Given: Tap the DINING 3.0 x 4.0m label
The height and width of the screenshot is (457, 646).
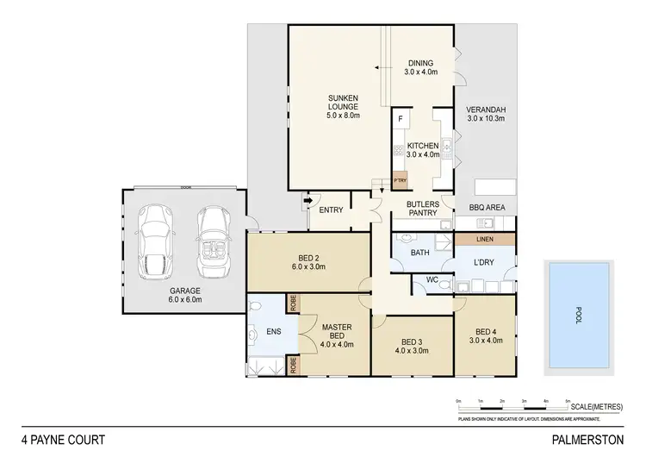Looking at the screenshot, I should tap(421, 67).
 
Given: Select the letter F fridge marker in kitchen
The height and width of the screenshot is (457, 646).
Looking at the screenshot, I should tap(401, 118).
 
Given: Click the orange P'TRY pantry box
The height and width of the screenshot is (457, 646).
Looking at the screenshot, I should tap(400, 180).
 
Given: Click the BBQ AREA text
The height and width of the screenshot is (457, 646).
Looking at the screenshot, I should tap(487, 208).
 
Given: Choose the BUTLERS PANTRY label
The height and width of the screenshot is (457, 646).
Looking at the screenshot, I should tap(423, 208).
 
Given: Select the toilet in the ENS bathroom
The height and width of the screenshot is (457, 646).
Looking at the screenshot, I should tap(254, 333).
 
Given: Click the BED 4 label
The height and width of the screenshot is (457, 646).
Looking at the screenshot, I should tap(487, 335).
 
